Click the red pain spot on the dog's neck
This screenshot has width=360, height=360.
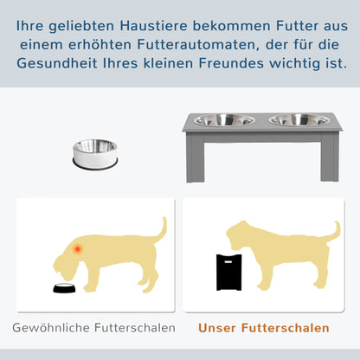[x=79, y=250]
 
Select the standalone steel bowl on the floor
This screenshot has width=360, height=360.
[x=94, y=153]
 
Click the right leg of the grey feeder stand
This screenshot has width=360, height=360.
[x=329, y=160]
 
